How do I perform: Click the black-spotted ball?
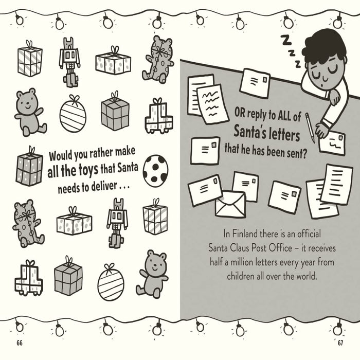(155, 170)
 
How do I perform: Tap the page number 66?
(20, 342)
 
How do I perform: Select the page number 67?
(339, 342)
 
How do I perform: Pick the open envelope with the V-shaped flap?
(230, 204)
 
